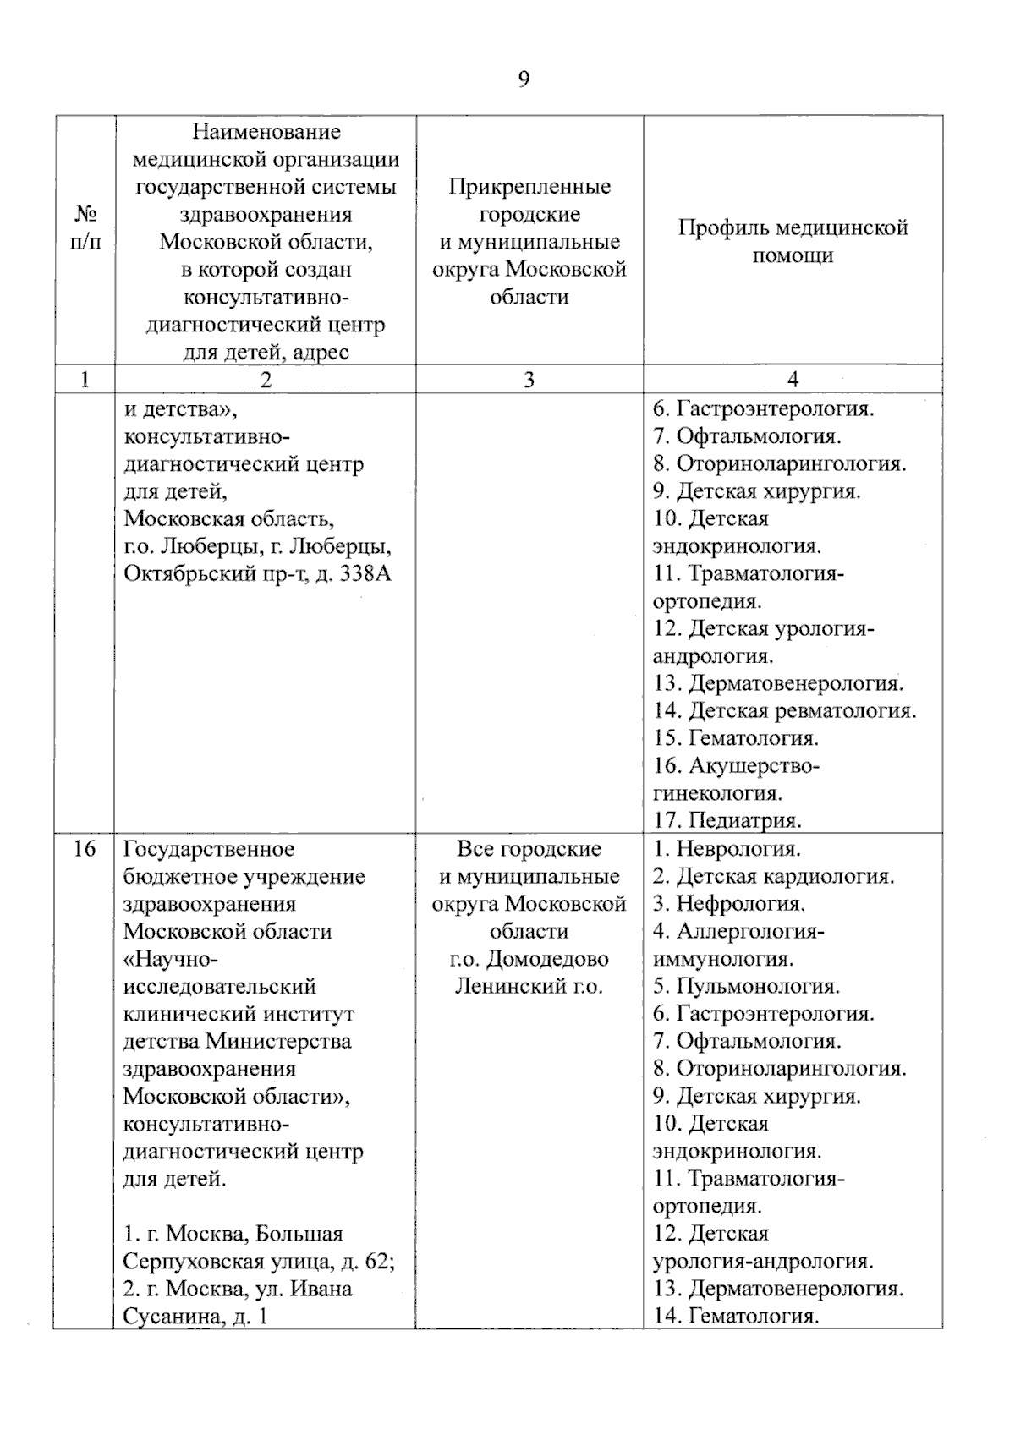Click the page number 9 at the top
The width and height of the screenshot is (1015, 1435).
click(524, 79)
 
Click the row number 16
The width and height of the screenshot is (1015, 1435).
click(84, 849)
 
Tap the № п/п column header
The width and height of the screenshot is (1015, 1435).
click(84, 228)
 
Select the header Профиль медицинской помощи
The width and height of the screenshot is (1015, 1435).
click(793, 241)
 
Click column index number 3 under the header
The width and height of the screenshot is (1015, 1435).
click(529, 381)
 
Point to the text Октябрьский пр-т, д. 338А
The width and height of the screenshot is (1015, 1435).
click(258, 573)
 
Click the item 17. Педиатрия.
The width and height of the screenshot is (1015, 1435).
click(727, 819)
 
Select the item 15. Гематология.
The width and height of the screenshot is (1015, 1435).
click(735, 737)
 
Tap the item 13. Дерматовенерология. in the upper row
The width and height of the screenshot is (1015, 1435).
click(777, 683)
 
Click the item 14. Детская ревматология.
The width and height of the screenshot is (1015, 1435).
click(784, 710)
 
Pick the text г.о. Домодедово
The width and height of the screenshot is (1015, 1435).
click(529, 959)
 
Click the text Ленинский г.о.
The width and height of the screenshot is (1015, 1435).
click(529, 986)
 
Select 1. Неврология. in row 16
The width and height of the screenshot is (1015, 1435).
click(726, 849)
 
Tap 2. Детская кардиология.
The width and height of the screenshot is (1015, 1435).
click(772, 876)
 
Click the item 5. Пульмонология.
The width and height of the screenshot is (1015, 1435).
click(745, 986)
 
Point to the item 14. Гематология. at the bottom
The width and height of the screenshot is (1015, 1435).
click(735, 1316)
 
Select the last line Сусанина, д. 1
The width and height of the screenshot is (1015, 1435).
click(195, 1316)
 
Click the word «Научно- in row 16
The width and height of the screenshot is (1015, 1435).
click(172, 959)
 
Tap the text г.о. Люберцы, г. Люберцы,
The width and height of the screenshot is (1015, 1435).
click(257, 546)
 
